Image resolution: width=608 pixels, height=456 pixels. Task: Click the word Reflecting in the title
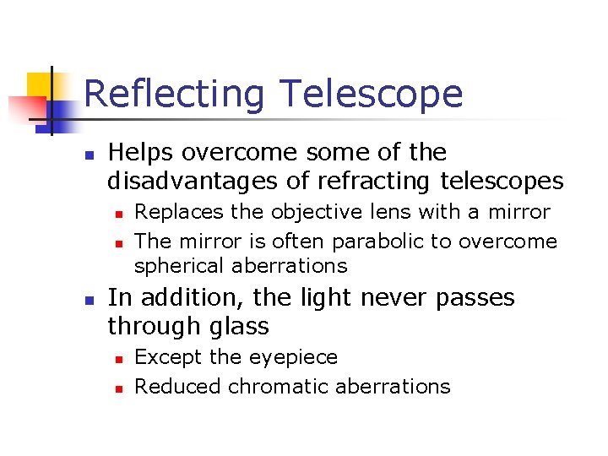click(x=174, y=95)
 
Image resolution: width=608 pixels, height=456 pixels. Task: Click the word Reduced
click(x=174, y=387)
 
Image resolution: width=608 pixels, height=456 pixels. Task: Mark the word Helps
click(x=141, y=153)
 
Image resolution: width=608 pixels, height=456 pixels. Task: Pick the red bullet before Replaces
click(x=120, y=214)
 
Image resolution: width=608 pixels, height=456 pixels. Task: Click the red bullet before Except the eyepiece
click(x=120, y=359)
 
